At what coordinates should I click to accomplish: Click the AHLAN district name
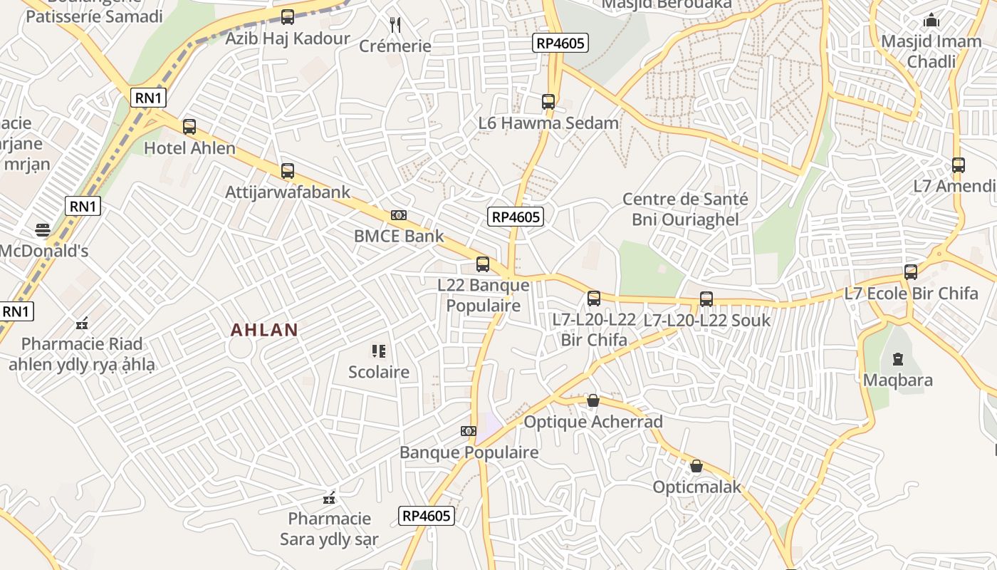pyautogui.click(x=264, y=330)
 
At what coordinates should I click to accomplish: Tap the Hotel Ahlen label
pyautogui.click(x=189, y=148)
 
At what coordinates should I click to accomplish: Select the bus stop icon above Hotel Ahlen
pyautogui.click(x=189, y=127)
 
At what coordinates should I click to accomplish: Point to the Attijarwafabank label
pyautogui.click(x=288, y=192)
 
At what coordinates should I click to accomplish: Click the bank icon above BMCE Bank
pyautogui.click(x=399, y=215)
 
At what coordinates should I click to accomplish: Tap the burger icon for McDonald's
pyautogui.click(x=43, y=230)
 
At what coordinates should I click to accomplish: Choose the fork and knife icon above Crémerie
pyautogui.click(x=395, y=25)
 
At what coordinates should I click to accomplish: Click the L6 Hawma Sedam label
pyautogui.click(x=548, y=123)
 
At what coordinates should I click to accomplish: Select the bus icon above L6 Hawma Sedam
pyautogui.click(x=548, y=102)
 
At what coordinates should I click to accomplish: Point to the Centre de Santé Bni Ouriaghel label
pyautogui.click(x=685, y=209)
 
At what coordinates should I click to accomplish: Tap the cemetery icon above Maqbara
pyautogui.click(x=897, y=358)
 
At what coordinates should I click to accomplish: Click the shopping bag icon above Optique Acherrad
pyautogui.click(x=593, y=400)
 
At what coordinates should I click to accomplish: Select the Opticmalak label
pyautogui.click(x=696, y=487)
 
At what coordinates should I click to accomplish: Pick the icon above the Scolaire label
pyautogui.click(x=378, y=351)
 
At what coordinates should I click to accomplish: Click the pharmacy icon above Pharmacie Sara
pyautogui.click(x=329, y=497)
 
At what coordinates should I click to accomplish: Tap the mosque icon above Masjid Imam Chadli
pyautogui.click(x=931, y=21)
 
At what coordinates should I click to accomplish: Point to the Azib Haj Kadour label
pyautogui.click(x=288, y=38)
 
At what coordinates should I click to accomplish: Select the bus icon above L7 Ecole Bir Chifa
pyautogui.click(x=911, y=271)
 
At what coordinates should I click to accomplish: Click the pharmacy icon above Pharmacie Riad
pyautogui.click(x=82, y=323)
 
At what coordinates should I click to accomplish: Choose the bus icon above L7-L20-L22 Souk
pyautogui.click(x=706, y=299)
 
